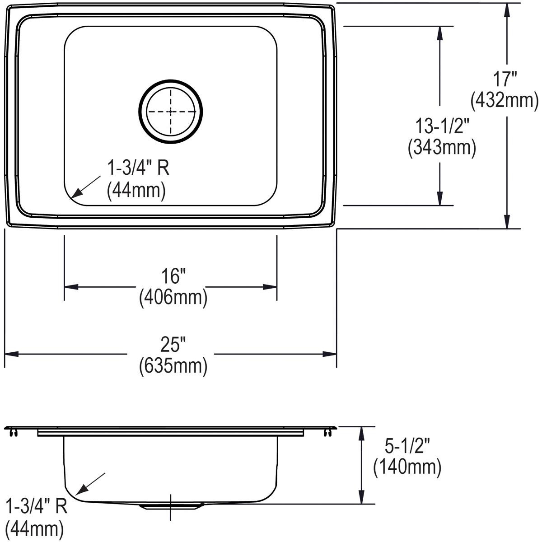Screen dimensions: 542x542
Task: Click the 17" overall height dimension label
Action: [505, 79]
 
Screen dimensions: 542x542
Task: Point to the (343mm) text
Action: [442, 148]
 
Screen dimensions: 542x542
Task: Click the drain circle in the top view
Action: [171, 112]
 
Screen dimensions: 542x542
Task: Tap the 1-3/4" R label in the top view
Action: [138, 168]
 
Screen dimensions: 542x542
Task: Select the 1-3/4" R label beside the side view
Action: [36, 506]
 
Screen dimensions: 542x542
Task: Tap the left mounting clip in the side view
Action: [14, 433]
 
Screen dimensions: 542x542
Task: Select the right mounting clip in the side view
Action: [327, 433]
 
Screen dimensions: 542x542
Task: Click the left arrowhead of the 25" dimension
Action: [11, 354]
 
